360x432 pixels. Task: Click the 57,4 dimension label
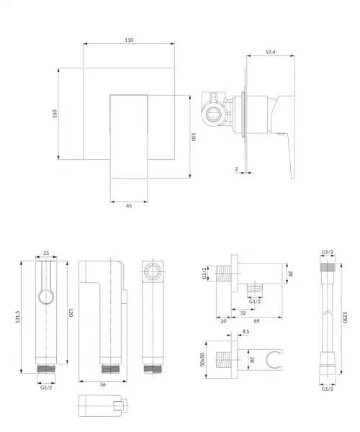(271, 52)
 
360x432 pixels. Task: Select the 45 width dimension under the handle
(129, 206)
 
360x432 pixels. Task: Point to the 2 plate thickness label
(236, 169)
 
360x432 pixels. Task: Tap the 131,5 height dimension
(18, 317)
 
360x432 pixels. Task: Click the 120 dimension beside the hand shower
(71, 312)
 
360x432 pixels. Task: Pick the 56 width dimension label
(103, 384)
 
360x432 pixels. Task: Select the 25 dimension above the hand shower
(46, 253)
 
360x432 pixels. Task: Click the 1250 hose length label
(344, 318)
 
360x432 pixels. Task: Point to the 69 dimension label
(256, 321)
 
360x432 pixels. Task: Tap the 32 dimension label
(243, 313)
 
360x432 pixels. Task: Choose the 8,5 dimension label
(246, 331)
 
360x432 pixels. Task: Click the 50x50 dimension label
(202, 359)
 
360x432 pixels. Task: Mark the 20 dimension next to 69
(224, 321)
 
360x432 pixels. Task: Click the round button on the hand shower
(46, 297)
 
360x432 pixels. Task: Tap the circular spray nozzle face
(153, 271)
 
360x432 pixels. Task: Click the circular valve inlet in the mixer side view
(214, 114)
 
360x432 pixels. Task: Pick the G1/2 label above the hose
(328, 252)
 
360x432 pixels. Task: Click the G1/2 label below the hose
(328, 389)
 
